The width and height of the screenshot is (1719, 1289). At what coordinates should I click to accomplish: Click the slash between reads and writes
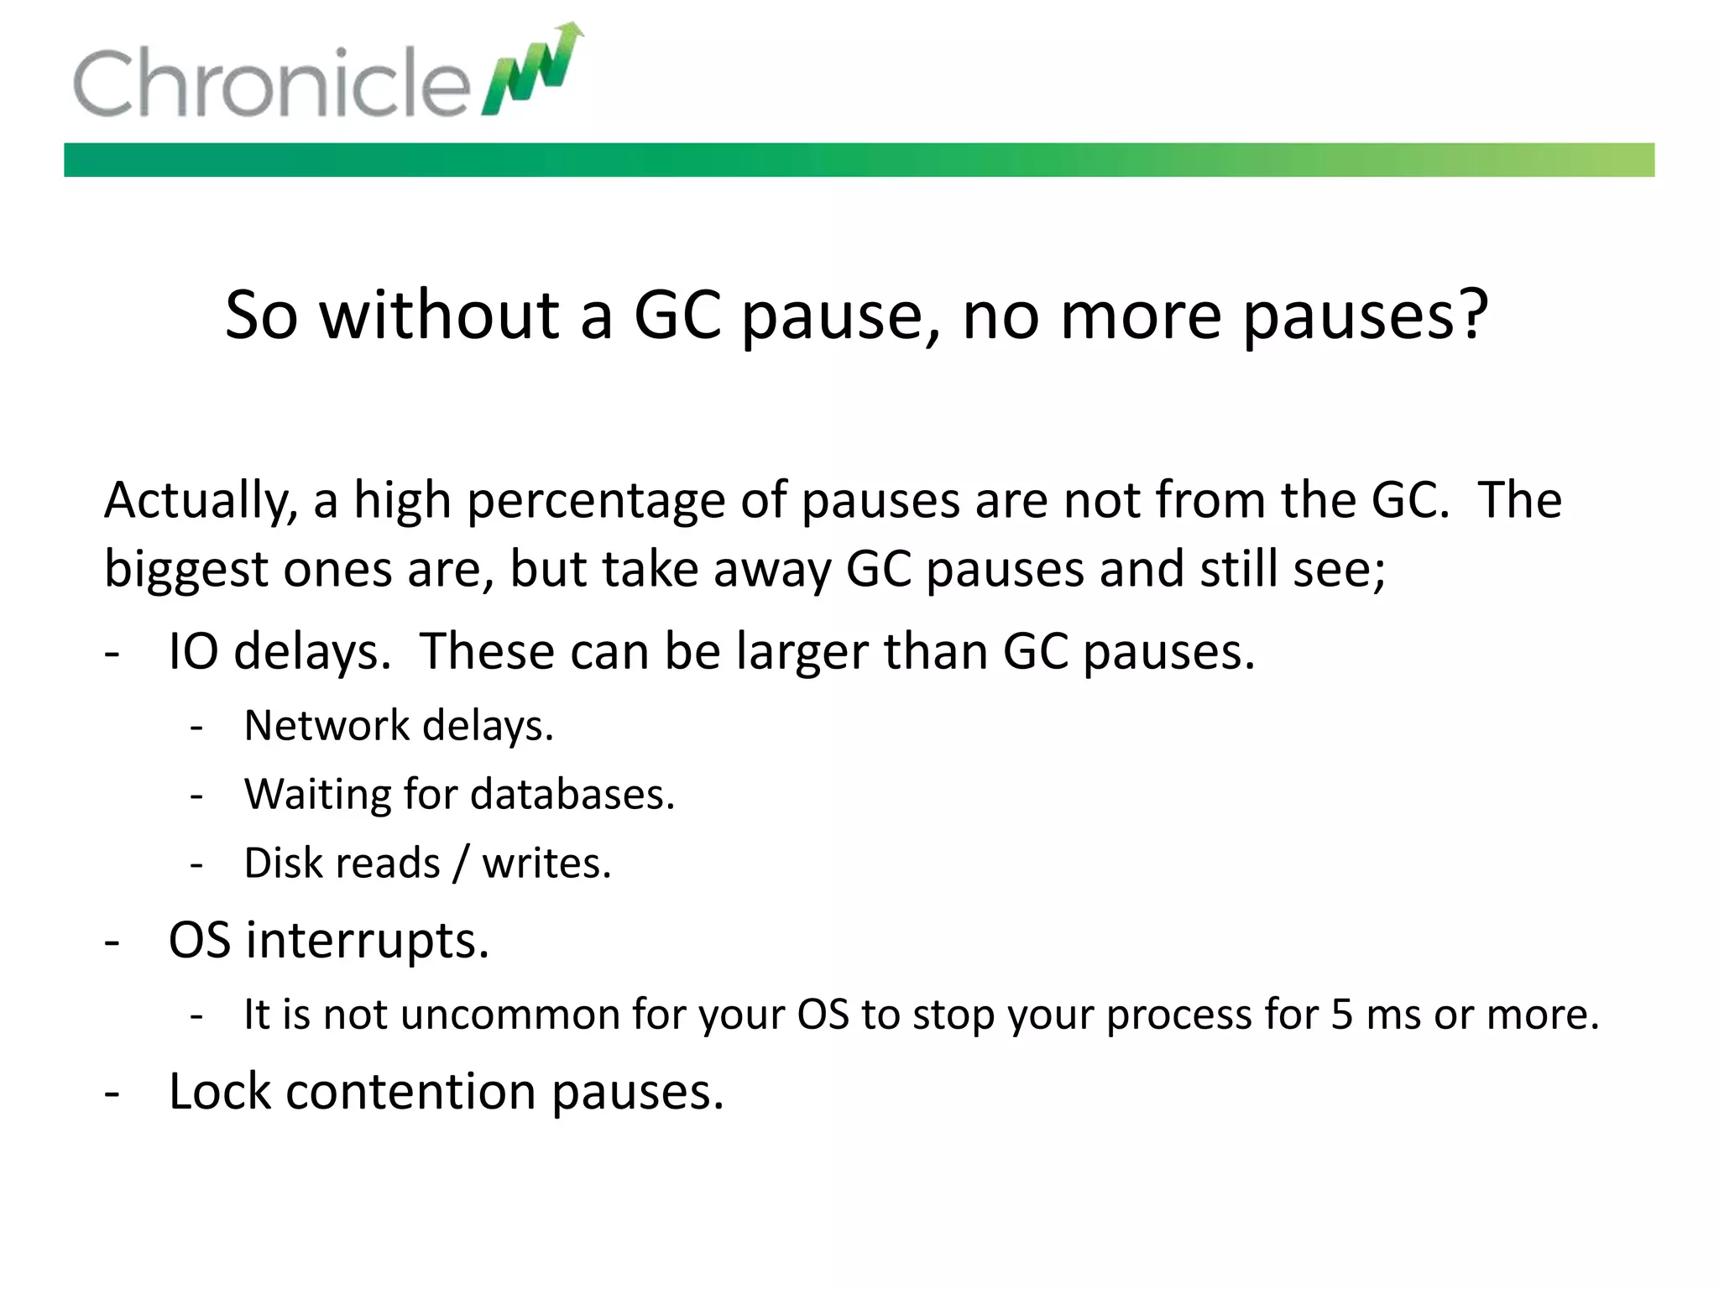coord(460,864)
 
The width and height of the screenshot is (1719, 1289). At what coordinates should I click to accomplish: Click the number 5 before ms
coord(1342,1015)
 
